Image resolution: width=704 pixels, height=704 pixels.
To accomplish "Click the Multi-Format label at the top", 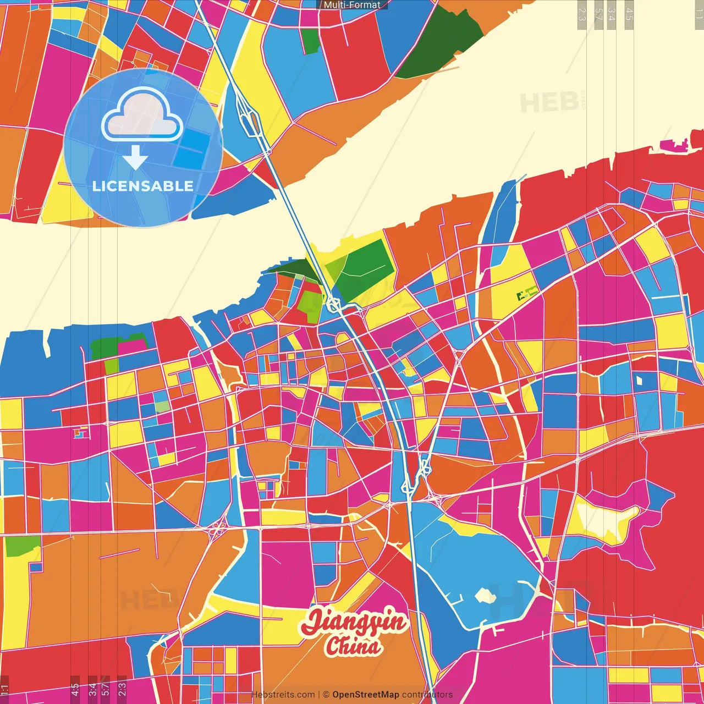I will point(352,5).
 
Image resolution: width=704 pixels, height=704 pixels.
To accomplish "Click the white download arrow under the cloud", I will point(135,158).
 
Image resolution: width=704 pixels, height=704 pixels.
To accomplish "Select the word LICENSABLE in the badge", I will point(143,186).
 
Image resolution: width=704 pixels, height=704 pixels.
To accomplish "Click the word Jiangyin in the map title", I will point(354,622).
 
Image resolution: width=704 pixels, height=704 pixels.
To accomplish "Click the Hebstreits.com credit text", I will point(283,695).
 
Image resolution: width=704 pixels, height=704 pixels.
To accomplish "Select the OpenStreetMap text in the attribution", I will point(365,695).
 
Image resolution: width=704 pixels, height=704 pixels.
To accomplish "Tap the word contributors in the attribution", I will point(427,695).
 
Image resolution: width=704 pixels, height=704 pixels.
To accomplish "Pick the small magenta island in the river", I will point(674,146).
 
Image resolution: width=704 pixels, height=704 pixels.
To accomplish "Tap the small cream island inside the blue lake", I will point(485,595).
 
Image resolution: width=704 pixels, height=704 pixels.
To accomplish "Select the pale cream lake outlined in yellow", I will point(605,520).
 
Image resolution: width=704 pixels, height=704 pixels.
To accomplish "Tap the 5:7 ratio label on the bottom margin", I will point(105,688).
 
